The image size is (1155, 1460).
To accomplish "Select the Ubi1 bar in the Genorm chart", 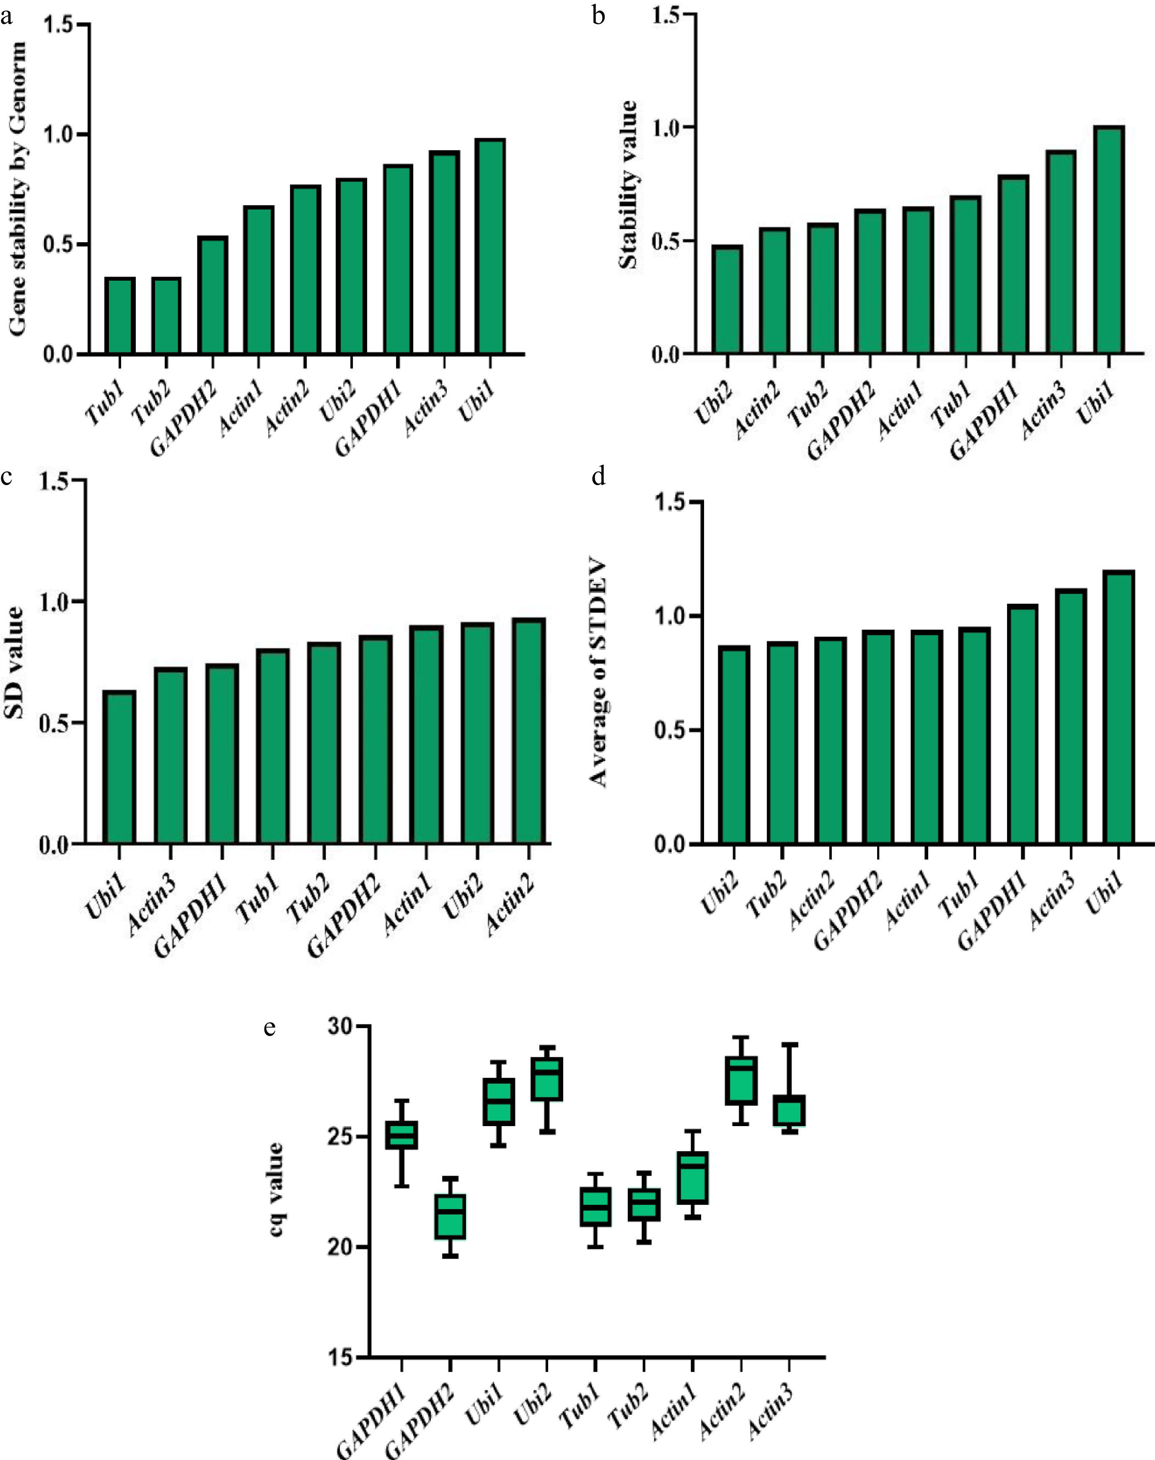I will [x=489, y=247].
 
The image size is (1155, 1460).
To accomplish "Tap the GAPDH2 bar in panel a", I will [x=212, y=295].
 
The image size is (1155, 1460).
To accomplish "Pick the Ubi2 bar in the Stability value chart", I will [x=727, y=300].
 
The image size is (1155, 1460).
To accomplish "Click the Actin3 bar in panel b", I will [x=1060, y=252].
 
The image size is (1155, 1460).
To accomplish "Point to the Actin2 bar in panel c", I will [x=529, y=731].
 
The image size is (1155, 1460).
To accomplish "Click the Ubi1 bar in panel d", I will [x=1119, y=708].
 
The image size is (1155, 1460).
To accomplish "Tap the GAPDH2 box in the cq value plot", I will [x=451, y=1216].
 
